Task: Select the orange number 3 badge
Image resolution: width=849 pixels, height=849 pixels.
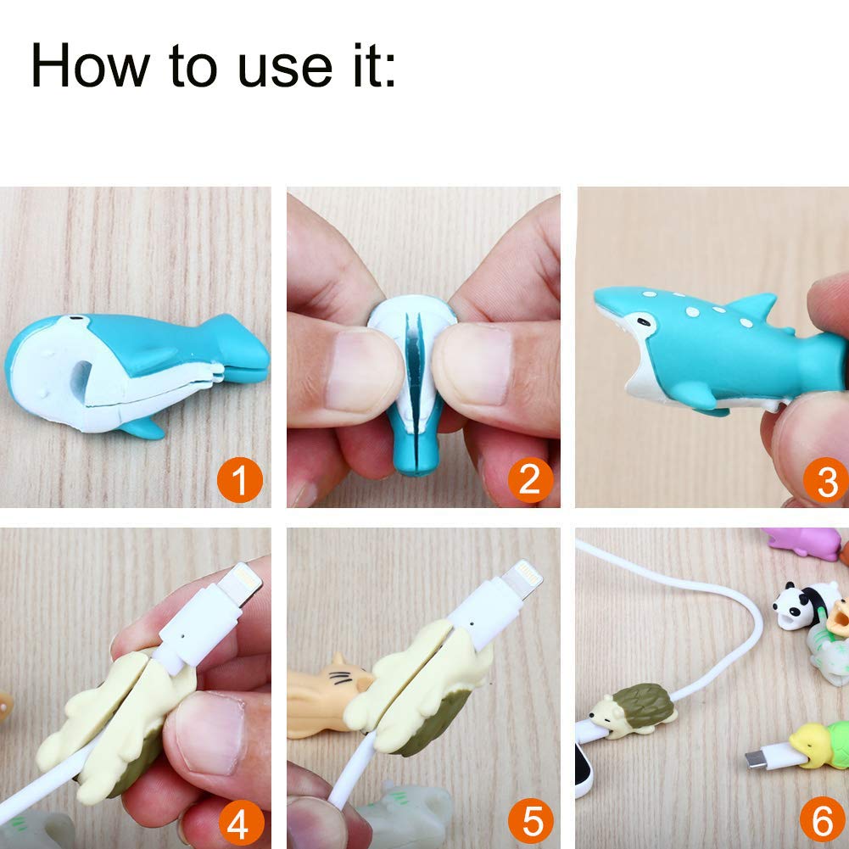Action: point(824,481)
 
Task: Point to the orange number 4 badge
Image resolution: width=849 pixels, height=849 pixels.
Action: point(240,822)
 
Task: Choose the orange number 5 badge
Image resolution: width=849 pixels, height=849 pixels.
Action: point(530,822)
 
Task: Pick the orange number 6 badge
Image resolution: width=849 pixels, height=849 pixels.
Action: point(821,822)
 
